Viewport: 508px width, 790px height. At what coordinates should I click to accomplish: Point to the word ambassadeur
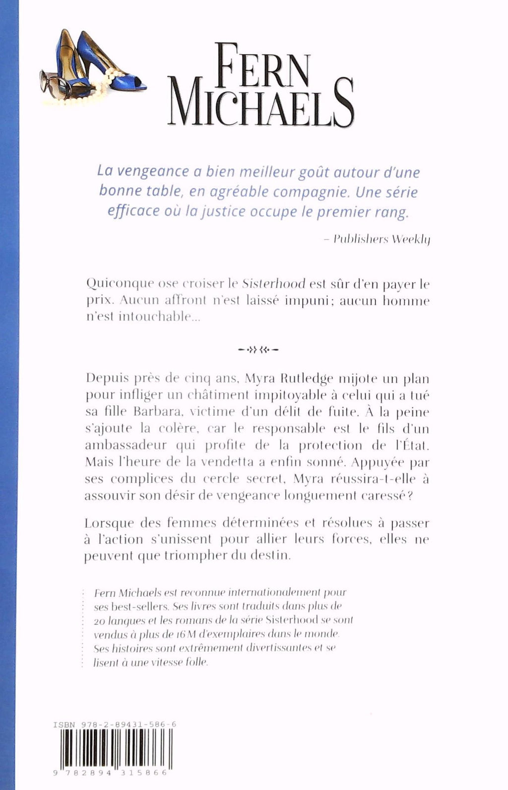coord(127,445)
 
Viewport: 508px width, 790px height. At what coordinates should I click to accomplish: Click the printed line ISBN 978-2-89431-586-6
coord(115,725)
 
